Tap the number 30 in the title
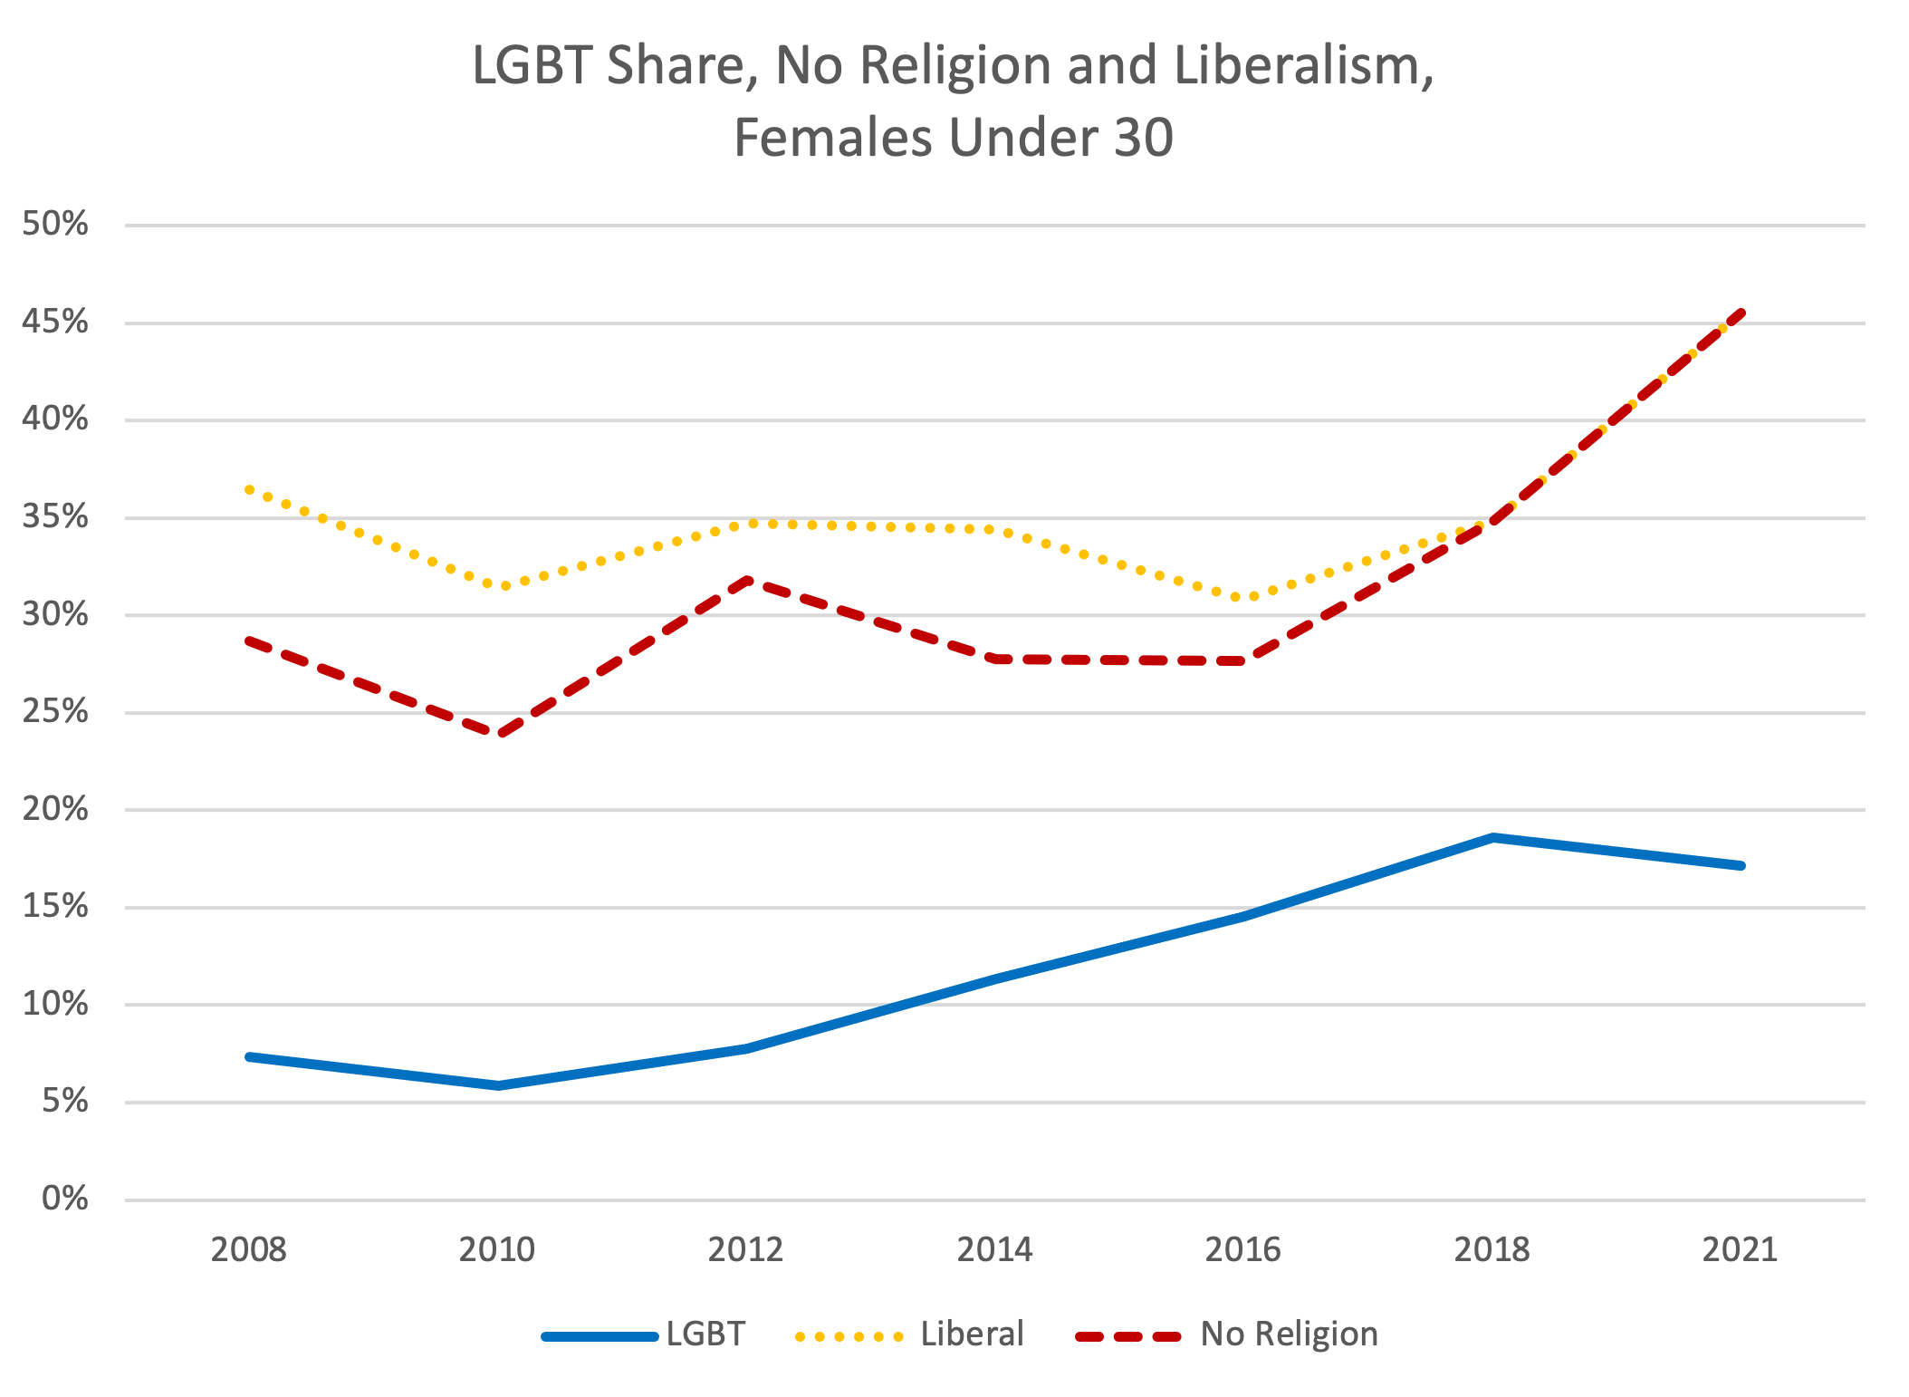[1143, 139]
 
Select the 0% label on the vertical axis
[65, 1199]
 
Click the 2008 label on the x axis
[248, 1250]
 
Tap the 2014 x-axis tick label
[994, 1250]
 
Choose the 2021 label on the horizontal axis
[1740, 1250]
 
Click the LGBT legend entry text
[705, 1334]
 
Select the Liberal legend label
[972, 1334]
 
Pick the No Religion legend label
[1289, 1334]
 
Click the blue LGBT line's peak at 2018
[1492, 838]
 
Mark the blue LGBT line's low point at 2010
[498, 1085]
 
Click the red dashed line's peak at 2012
[746, 579]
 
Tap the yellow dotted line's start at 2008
[249, 489]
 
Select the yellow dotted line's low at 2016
[1243, 598]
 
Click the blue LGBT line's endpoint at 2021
[1740, 866]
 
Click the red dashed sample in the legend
[1128, 1335]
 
